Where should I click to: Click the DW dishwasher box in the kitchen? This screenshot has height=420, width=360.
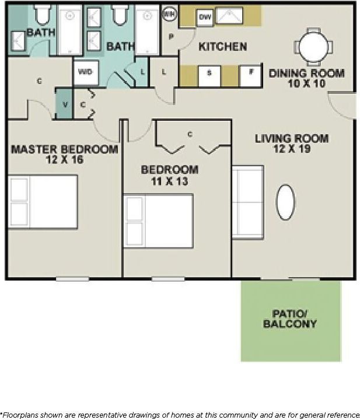pos(205,17)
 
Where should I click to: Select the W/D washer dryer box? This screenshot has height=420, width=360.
pos(85,72)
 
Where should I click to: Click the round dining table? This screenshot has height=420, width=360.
pos(314,44)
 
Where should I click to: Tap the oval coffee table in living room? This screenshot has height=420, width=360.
pos(286,202)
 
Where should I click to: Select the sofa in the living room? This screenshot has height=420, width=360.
pos(247,202)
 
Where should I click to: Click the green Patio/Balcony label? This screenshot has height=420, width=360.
pos(290,318)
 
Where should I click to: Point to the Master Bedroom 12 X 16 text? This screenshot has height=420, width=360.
pos(64,154)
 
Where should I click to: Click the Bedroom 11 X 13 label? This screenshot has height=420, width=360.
pos(170,175)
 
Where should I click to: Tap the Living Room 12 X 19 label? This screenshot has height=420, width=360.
pos(292,143)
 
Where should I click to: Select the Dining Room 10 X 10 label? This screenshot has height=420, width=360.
pos(306,78)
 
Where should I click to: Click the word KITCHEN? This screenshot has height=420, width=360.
pos(223,47)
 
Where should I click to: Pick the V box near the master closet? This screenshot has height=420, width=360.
pos(64,105)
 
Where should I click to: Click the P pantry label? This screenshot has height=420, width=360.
pos(172,36)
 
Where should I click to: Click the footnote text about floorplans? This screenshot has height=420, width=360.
pos(180,414)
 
